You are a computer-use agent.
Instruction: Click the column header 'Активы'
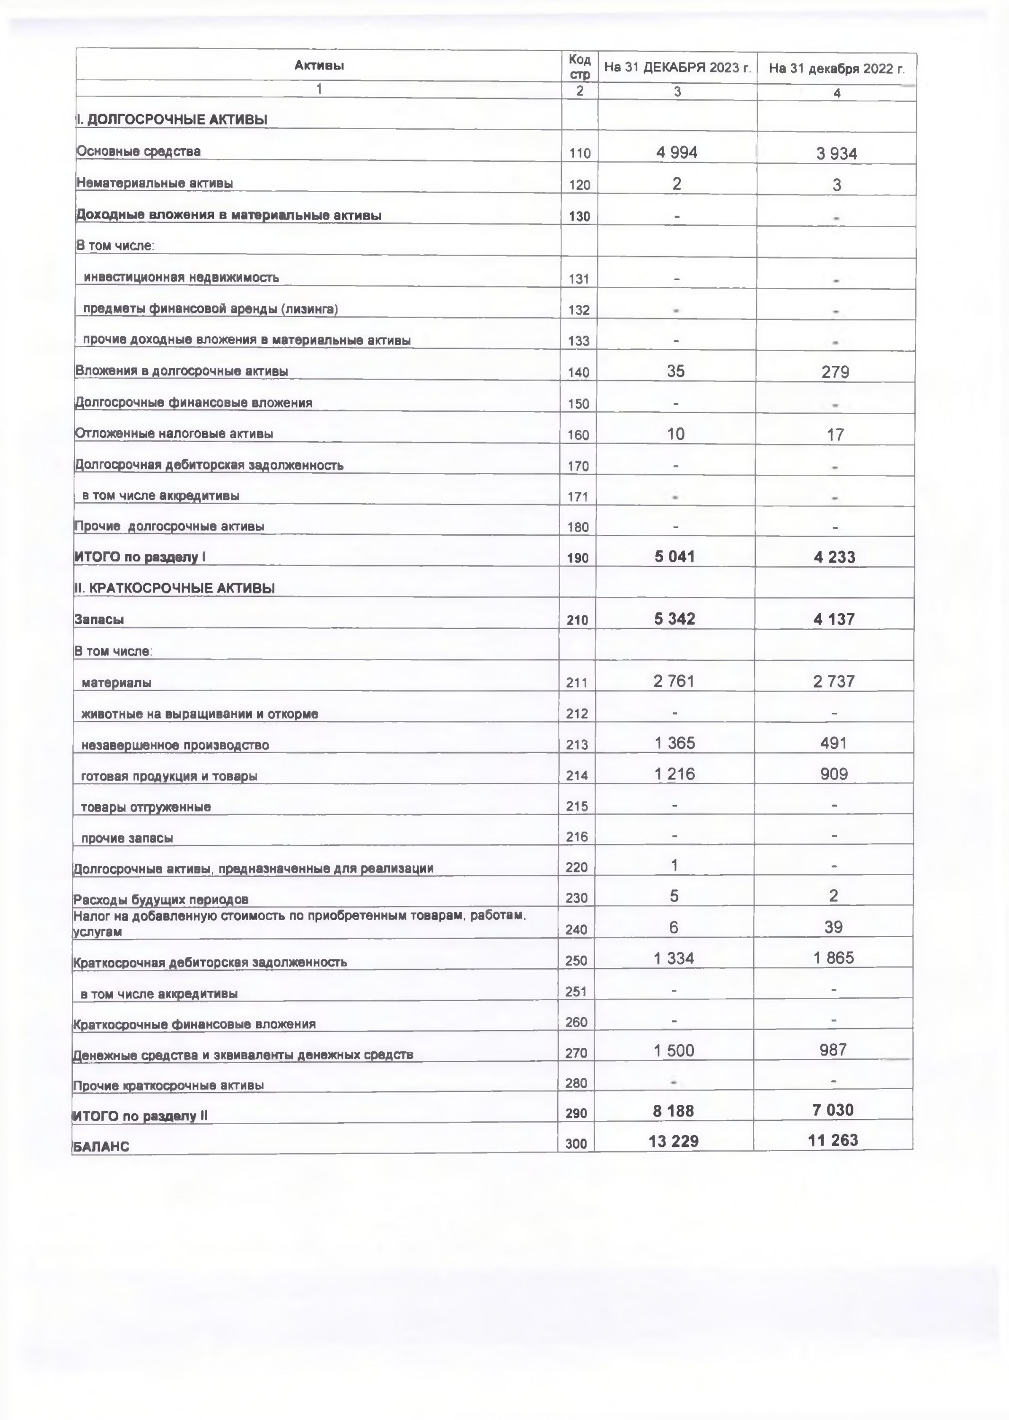(319, 65)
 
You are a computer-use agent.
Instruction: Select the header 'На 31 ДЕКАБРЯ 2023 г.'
(677, 68)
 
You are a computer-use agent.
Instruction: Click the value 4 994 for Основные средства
(676, 152)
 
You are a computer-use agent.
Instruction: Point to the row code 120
(579, 185)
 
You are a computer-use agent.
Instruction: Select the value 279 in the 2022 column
(835, 372)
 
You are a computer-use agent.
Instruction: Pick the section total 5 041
(675, 557)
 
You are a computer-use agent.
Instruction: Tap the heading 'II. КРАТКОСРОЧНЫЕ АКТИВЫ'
(175, 587)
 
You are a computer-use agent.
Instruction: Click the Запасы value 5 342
(675, 619)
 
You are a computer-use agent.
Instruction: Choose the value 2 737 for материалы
(834, 682)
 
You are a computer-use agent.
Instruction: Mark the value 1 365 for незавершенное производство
(674, 743)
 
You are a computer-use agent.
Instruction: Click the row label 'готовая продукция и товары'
(169, 776)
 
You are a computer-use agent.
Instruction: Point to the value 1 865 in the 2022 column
(834, 958)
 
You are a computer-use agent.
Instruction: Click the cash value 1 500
(674, 1051)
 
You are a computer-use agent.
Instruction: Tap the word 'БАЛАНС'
(101, 1147)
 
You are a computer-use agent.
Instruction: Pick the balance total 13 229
(674, 1141)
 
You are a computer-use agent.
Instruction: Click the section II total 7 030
(833, 1110)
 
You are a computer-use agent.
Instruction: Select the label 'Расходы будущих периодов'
(161, 899)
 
